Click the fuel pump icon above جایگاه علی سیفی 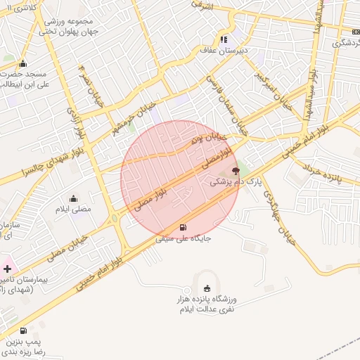pyautogui.click(x=184, y=227)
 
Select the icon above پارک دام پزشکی pyautogui.click(x=235, y=171)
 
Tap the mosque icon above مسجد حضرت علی pyautogui.click(x=23, y=63)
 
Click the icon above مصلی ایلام pyautogui.click(x=74, y=198)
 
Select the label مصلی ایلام pyautogui.click(x=74, y=209)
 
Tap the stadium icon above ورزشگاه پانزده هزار pyautogui.click(x=206, y=288)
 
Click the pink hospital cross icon pyautogui.click(x=7, y=268)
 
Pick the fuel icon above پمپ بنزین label pyautogui.click(x=24, y=330)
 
